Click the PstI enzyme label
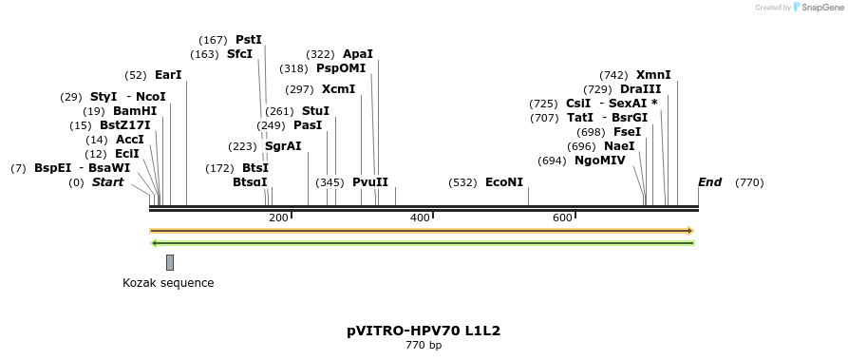[248, 40]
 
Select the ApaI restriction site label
[358, 54]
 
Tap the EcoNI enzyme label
[503, 181]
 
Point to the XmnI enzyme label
[653, 75]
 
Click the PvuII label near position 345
[369, 181]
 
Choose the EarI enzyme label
[168, 75]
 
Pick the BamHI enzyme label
[135, 111]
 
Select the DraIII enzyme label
[640, 89]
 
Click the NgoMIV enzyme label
[599, 161]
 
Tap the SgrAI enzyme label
[283, 146]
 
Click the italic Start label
[107, 182]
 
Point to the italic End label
[709, 182]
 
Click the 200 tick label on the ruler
[278, 218]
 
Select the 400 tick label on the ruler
[420, 218]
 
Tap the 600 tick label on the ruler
[562, 218]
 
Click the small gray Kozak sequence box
[170, 262]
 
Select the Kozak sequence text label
[168, 283]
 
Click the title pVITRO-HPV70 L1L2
[424, 332]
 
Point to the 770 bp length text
[424, 346]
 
